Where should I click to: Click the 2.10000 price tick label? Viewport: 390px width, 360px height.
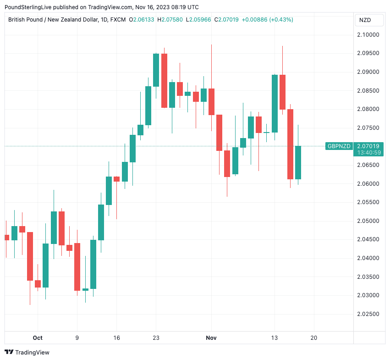[369, 35]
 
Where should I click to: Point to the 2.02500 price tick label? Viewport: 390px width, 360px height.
[369, 314]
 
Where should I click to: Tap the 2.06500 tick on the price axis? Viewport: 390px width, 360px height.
[369, 165]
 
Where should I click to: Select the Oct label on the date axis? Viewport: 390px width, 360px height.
[38, 338]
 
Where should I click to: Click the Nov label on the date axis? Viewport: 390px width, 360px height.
[211, 338]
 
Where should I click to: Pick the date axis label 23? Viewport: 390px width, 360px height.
[156, 338]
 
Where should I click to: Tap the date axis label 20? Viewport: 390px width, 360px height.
[314, 338]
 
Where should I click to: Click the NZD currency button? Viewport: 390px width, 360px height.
[365, 20]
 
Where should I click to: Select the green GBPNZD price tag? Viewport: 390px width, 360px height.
[339, 146]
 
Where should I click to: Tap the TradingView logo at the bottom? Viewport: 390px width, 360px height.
[27, 352]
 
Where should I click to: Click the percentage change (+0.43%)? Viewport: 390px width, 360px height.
[281, 20]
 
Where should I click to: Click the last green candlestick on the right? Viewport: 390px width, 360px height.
[298, 162]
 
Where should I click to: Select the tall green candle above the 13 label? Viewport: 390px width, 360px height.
[275, 104]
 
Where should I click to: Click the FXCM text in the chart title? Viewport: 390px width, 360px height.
[118, 20]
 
